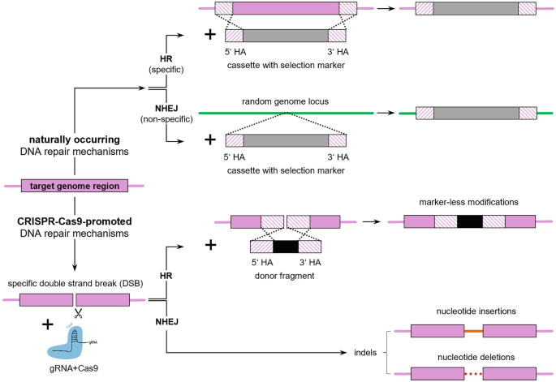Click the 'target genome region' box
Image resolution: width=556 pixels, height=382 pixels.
click(75, 187)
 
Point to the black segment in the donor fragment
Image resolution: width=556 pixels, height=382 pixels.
click(286, 247)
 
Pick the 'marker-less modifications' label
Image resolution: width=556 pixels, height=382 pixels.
click(468, 202)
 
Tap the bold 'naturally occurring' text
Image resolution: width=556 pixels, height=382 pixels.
click(74, 140)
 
